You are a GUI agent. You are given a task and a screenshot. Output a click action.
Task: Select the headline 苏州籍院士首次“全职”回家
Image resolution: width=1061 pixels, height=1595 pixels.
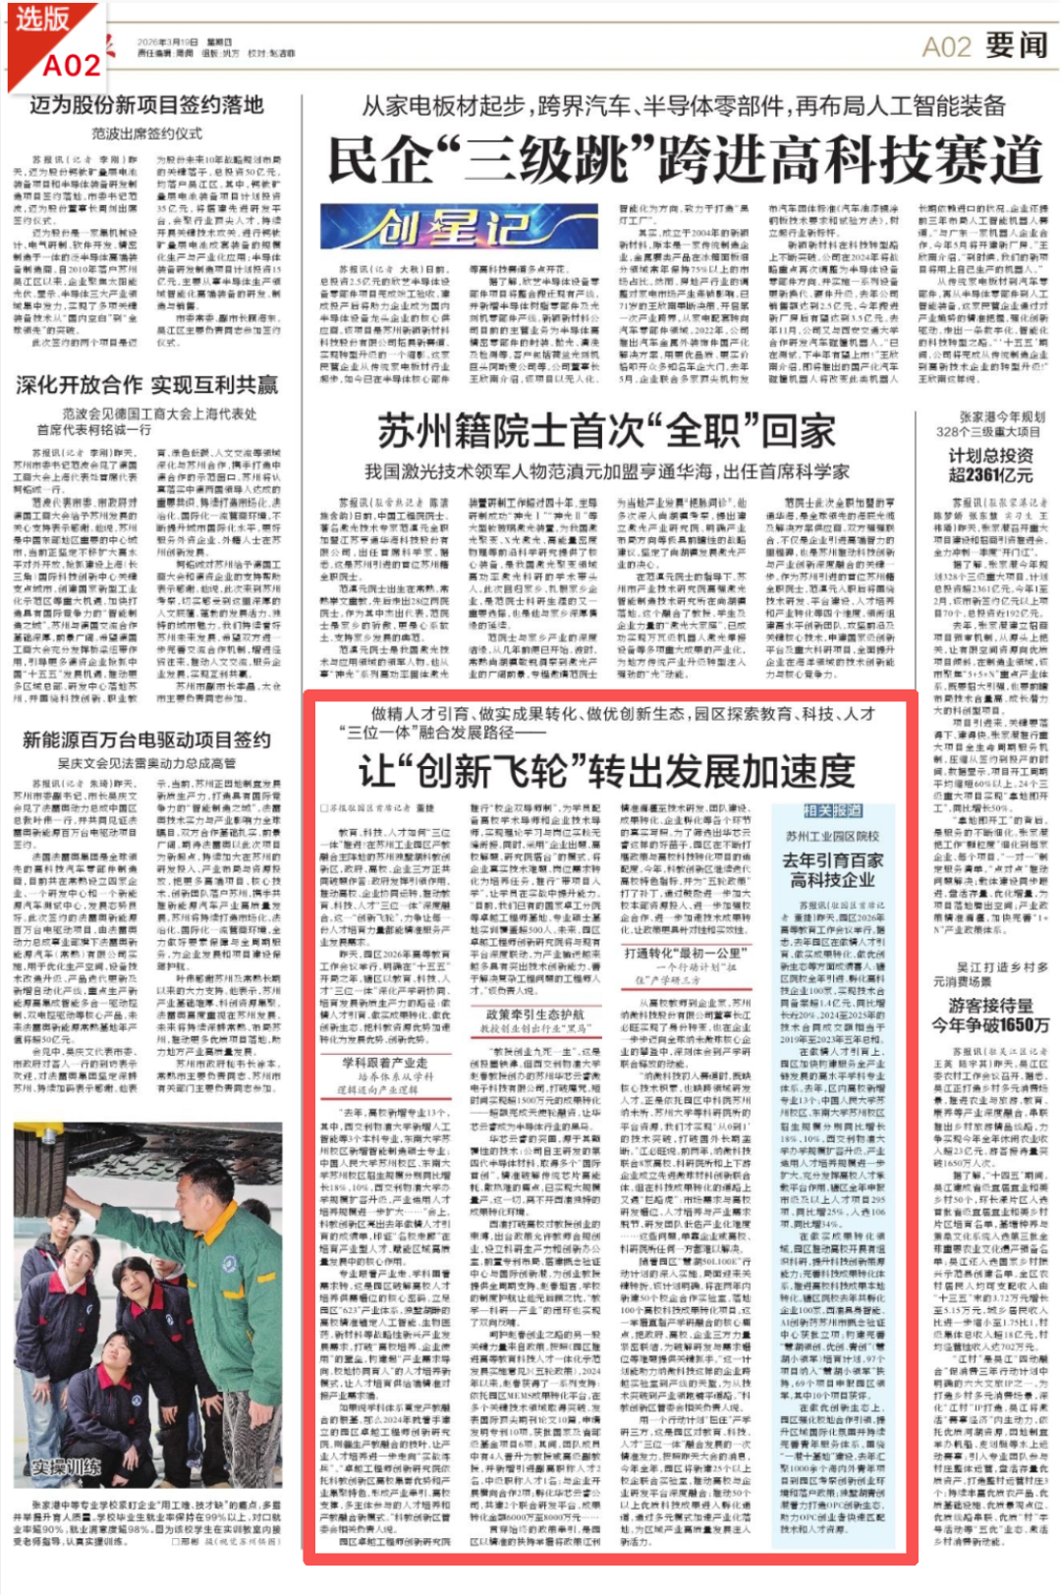coord(606,431)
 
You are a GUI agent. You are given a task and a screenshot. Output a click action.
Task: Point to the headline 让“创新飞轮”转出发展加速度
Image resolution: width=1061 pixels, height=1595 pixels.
coord(606,771)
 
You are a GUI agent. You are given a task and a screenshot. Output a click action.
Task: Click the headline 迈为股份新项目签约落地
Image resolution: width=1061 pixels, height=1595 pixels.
coord(146,105)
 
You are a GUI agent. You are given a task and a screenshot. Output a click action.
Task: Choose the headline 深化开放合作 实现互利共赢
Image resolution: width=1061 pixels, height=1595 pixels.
coord(146,385)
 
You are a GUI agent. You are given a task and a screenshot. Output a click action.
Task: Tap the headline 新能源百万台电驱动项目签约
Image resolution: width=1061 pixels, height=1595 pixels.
coord(146,740)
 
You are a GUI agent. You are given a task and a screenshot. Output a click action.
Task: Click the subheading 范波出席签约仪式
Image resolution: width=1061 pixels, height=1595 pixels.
coord(146,133)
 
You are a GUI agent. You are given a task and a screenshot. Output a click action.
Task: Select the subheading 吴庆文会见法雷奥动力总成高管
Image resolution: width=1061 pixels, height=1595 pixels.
coord(146,763)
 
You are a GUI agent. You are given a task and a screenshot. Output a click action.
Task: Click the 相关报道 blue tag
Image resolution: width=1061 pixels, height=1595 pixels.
coord(832,811)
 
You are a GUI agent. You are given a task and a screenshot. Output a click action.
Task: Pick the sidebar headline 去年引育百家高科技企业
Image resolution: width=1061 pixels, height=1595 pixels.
coord(832,870)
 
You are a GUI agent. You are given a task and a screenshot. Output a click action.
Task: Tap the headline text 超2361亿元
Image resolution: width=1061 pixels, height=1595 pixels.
coord(990,475)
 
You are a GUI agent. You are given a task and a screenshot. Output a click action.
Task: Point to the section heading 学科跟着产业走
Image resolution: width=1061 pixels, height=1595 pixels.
coord(384,1063)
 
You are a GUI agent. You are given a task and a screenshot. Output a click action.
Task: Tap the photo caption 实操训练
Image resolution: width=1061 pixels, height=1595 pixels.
coord(65,1467)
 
